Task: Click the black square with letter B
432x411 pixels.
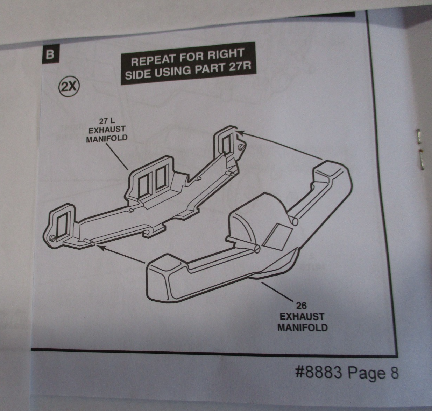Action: pyautogui.click(x=50, y=55)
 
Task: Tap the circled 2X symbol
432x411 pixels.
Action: pyautogui.click(x=69, y=86)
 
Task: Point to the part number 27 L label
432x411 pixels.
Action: pyautogui.click(x=107, y=122)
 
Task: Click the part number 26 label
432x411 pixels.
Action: pyautogui.click(x=301, y=306)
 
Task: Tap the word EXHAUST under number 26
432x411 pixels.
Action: pyautogui.click(x=302, y=317)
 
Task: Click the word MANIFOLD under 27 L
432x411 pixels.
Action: pyautogui.click(x=107, y=138)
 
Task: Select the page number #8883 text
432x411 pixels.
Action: pyautogui.click(x=318, y=373)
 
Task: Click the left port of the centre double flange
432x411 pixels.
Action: pyautogui.click(x=144, y=185)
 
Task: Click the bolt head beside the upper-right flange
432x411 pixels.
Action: pyautogui.click(x=241, y=148)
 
